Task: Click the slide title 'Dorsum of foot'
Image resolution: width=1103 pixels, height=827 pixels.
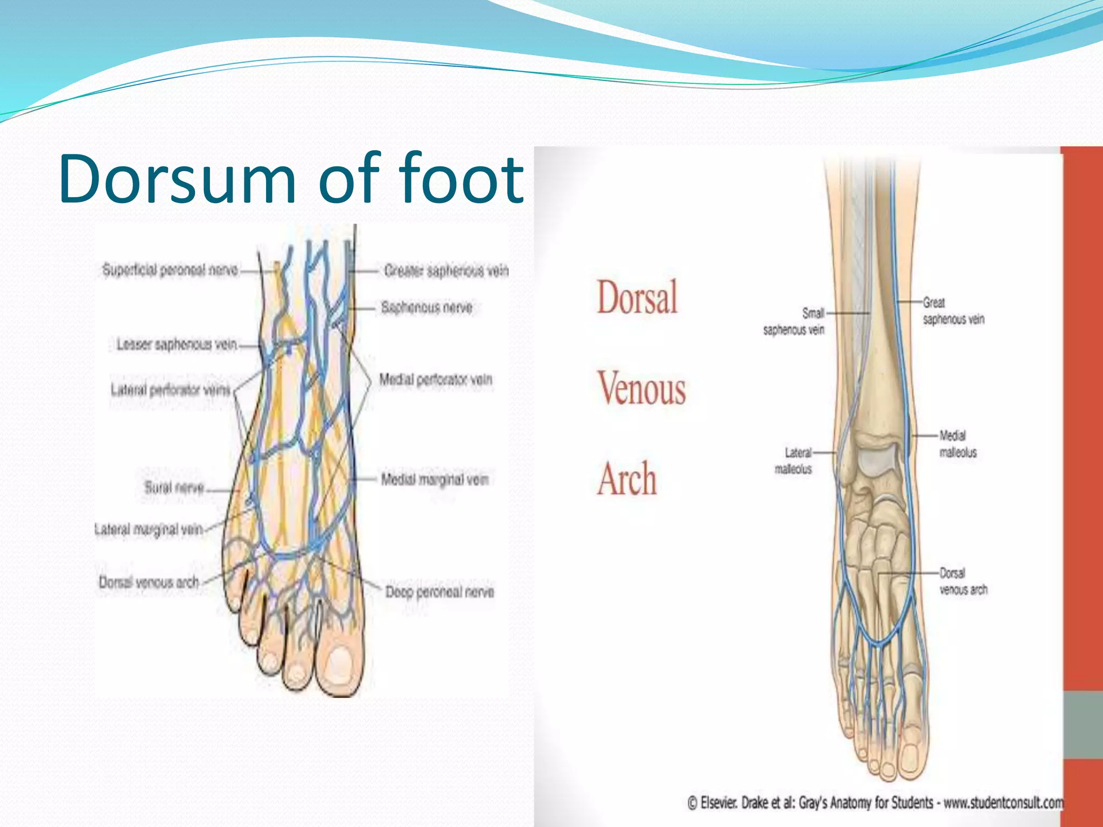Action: (291, 179)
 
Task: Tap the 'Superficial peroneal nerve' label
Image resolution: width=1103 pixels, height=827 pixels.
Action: (170, 270)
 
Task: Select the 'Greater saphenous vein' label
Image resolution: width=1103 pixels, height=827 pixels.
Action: (446, 270)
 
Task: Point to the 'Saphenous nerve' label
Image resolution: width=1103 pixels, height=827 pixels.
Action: (427, 307)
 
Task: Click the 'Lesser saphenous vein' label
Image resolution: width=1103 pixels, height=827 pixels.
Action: (177, 344)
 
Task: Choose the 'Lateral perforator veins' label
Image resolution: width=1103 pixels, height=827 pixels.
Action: (170, 389)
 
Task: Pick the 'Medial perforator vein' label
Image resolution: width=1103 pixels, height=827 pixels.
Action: (435, 380)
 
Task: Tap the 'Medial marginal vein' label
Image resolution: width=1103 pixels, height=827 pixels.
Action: (434, 479)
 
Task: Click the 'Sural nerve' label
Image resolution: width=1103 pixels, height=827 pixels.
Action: (174, 488)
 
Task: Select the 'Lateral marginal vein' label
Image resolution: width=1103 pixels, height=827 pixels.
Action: (149, 530)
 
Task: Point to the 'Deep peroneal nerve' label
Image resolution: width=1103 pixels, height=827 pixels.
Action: (439, 592)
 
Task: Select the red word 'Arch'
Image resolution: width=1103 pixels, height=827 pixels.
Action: (627, 479)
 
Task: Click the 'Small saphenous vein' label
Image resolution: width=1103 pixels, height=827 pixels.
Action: (794, 321)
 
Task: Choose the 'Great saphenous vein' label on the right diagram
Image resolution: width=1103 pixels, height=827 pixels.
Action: (953, 311)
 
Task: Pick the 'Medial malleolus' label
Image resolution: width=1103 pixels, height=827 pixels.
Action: (958, 444)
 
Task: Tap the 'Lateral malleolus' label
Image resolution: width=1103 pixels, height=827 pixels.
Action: (793, 461)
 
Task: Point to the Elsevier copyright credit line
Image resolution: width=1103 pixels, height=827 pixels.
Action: (876, 803)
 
